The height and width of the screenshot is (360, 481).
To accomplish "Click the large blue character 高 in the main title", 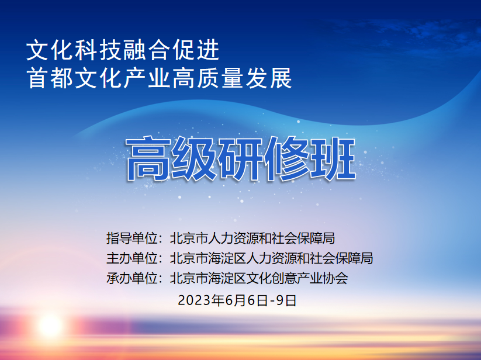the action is (148, 159).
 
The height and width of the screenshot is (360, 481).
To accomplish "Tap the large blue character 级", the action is (194, 159).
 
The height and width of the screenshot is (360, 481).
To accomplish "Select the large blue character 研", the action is (240, 159).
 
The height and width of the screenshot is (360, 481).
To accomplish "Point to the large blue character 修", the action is (286, 159).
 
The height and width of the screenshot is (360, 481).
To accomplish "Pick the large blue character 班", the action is (333, 159).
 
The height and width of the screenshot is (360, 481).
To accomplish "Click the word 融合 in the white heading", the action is (147, 50).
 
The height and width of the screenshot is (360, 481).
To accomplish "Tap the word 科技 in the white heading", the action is (98, 50).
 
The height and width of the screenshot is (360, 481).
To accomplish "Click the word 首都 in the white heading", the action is (50, 78).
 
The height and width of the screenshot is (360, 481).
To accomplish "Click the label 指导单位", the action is (132, 238).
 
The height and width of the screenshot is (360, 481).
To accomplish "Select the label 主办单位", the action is (132, 258).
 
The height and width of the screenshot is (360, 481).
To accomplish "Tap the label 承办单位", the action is (132, 278).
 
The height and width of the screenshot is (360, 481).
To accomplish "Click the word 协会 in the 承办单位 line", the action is (335, 278).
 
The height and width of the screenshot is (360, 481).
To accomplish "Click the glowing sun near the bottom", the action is (50, 326).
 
